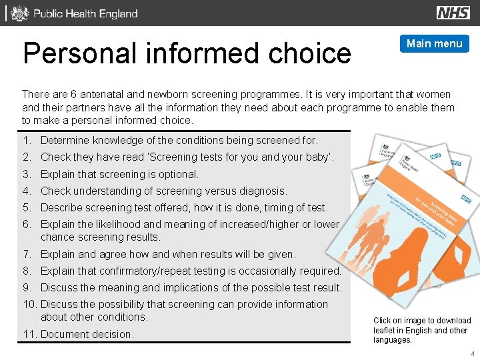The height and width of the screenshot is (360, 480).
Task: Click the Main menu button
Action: [434, 44]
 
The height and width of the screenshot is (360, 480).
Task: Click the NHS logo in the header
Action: [453, 13]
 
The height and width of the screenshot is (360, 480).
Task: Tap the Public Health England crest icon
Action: [21, 13]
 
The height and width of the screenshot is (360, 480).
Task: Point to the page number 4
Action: [472, 353]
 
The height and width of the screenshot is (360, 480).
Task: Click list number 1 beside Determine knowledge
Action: [26, 141]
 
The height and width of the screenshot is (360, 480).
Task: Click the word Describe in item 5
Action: [62, 208]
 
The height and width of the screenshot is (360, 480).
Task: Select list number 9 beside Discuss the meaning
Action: [26, 288]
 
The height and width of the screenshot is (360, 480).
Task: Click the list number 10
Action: [29, 305]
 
